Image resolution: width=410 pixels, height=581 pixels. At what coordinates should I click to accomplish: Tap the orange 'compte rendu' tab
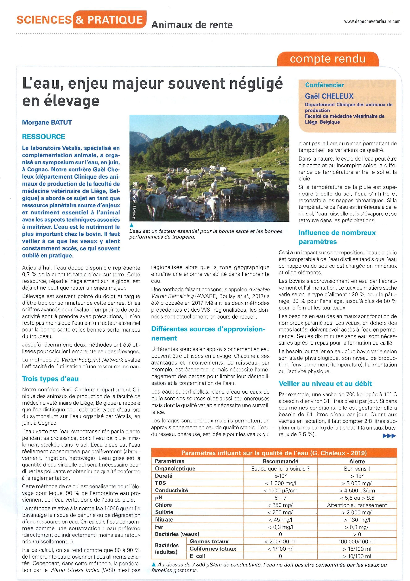point(328,59)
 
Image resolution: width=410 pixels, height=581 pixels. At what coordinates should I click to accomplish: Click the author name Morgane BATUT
point(47,123)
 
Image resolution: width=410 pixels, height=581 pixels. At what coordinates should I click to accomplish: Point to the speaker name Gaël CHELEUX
point(329,96)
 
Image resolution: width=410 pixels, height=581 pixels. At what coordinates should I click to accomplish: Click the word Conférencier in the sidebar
point(324,85)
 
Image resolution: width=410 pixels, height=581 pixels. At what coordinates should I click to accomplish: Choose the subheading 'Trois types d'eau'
point(50,379)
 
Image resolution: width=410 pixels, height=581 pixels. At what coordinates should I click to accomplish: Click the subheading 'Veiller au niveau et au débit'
point(325,384)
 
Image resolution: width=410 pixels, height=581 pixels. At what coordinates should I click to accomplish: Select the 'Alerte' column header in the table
point(357,461)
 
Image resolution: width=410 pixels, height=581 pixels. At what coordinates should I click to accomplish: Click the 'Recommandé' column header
point(280,461)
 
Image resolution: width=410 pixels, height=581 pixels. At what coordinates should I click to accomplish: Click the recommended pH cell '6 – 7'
point(280,498)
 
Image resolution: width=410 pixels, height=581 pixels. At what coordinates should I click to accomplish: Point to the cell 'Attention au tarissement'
point(357,505)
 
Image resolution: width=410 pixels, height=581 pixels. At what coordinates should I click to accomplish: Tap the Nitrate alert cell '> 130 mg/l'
point(357,520)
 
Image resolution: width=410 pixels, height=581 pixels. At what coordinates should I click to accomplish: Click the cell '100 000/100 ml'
point(357,542)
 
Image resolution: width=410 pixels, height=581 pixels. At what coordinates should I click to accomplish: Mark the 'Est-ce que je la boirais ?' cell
point(280,469)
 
